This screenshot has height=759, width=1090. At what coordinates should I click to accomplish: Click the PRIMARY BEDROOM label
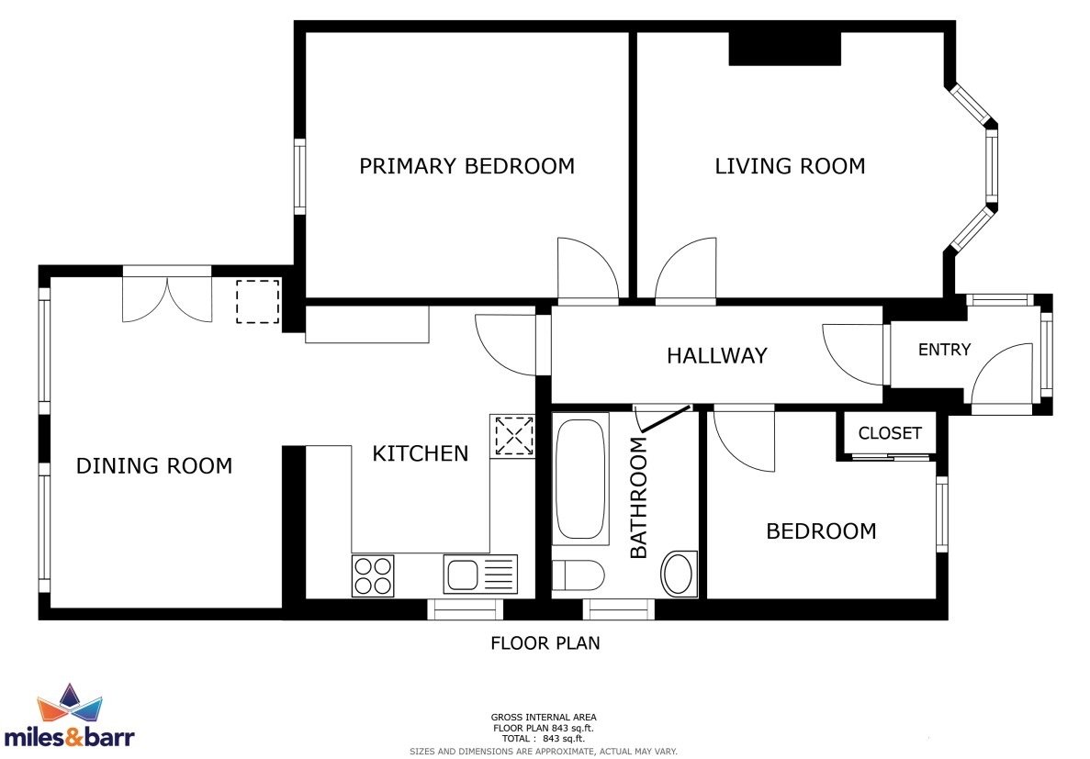(466, 166)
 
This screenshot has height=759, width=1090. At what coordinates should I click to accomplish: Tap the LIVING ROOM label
(790, 166)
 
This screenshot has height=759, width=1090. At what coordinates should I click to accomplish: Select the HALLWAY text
(716, 356)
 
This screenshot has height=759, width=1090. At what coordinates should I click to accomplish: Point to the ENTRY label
(944, 350)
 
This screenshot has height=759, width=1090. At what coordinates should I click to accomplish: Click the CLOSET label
(890, 433)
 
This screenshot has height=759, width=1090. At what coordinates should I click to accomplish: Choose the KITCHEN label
(420, 453)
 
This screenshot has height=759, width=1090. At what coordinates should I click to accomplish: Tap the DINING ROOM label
(153, 465)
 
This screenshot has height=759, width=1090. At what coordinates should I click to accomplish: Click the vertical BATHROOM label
(638, 497)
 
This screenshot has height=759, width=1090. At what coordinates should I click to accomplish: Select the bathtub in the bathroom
(580, 478)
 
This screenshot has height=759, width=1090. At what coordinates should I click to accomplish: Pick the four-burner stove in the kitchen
(373, 575)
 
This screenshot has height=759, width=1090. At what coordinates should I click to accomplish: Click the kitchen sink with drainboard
(480, 575)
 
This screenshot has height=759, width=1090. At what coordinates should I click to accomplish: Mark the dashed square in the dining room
(258, 302)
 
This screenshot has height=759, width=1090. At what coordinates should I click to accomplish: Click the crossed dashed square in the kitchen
(513, 437)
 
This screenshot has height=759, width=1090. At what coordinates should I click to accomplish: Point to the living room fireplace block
(785, 49)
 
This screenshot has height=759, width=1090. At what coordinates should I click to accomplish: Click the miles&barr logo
(69, 716)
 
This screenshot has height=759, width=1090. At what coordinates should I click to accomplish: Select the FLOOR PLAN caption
(545, 643)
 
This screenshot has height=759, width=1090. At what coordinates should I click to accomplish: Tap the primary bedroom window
(299, 176)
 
